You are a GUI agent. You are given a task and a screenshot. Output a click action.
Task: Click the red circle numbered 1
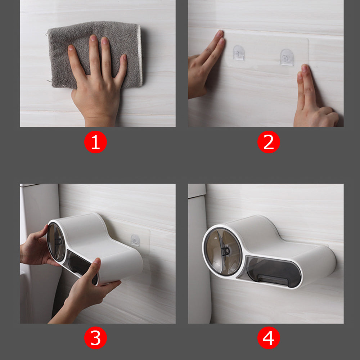tap(95, 142)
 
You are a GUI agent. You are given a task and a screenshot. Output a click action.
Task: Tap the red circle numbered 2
tap(269, 142)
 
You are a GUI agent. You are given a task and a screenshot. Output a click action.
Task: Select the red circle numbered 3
tap(95, 338)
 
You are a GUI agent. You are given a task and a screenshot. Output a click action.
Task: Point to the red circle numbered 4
tap(269, 338)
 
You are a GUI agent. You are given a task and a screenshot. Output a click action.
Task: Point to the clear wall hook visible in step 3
tap(135, 240)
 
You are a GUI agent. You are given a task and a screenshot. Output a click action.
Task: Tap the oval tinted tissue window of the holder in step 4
tap(274, 271)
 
